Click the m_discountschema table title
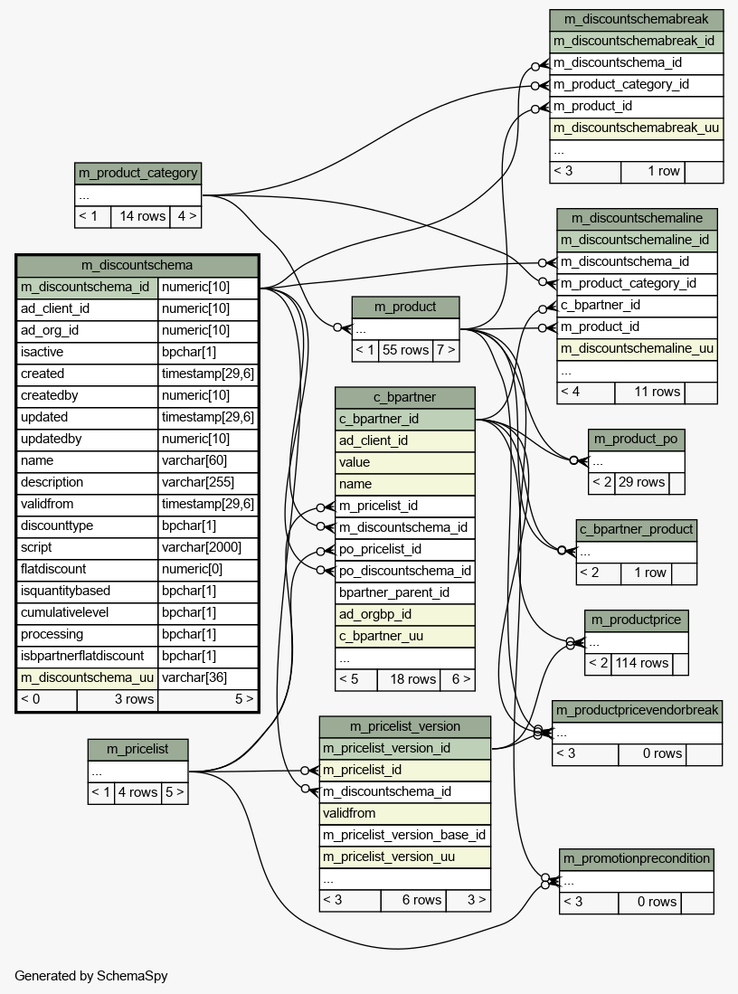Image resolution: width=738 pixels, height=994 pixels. (137, 265)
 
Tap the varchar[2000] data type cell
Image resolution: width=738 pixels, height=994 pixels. (202, 548)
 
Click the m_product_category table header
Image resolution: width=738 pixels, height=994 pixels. (137, 173)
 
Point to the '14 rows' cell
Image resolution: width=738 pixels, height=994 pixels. (142, 216)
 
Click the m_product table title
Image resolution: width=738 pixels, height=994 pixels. (405, 307)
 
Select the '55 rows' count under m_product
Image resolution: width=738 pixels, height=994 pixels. (406, 350)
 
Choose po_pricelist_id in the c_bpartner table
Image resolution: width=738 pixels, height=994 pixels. (380, 549)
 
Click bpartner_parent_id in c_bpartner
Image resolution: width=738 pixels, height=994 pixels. (393, 592)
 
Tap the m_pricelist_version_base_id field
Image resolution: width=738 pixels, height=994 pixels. (404, 835)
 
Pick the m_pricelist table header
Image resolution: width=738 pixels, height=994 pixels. (137, 749)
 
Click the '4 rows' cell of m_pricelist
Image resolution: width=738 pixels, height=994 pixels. (137, 791)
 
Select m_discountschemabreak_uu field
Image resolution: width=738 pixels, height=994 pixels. (636, 128)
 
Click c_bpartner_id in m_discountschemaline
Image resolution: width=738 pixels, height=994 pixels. (601, 305)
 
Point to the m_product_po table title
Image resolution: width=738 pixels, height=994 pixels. (636, 439)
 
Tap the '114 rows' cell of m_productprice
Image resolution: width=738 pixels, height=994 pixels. (641, 663)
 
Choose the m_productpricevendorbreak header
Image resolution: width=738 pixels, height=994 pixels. (638, 711)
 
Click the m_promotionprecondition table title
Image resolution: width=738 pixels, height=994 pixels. (637, 858)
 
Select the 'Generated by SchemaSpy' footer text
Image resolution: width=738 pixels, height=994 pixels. (91, 976)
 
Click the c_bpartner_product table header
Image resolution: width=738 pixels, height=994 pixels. (637, 530)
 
